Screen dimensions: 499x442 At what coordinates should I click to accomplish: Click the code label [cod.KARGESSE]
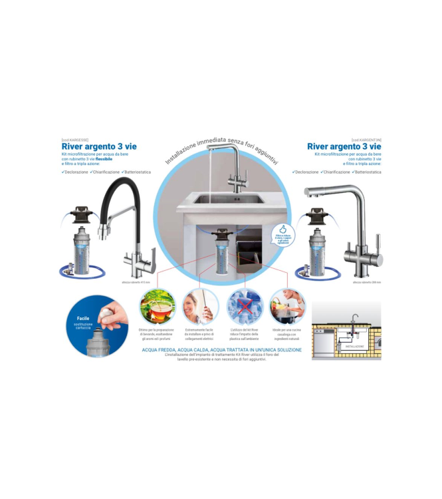(74, 140)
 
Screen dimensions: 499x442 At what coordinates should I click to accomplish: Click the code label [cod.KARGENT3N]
(366, 140)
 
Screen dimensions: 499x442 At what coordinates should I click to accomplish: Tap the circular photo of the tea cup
(158, 307)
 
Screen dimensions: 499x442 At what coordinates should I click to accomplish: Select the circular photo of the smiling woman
(200, 307)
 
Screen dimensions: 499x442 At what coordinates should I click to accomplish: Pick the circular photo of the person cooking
(288, 307)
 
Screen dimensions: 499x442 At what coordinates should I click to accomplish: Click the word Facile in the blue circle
(83, 319)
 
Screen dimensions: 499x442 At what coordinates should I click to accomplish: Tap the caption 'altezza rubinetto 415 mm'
(137, 283)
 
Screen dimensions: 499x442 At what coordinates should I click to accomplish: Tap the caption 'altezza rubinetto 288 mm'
(366, 283)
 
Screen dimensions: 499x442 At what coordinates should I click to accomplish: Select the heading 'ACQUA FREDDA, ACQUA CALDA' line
(222, 349)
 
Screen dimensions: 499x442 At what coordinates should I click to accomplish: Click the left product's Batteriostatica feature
(134, 172)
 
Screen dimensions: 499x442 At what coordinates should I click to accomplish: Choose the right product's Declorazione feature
(306, 172)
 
